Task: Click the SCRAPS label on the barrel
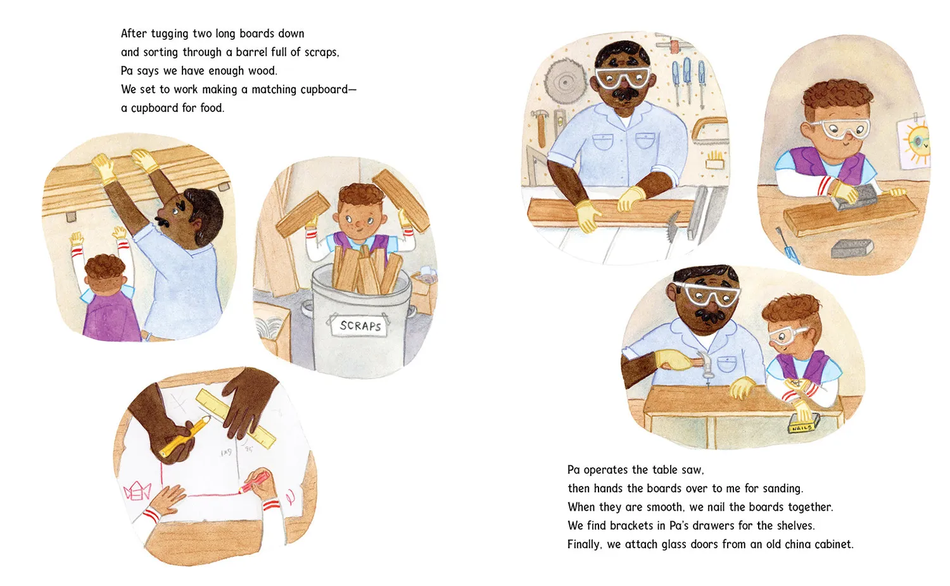coord(360,326)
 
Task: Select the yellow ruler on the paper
coord(236,418)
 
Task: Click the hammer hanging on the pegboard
coord(540,127)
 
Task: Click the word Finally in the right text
coord(585,544)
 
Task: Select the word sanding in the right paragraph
coord(782,489)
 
